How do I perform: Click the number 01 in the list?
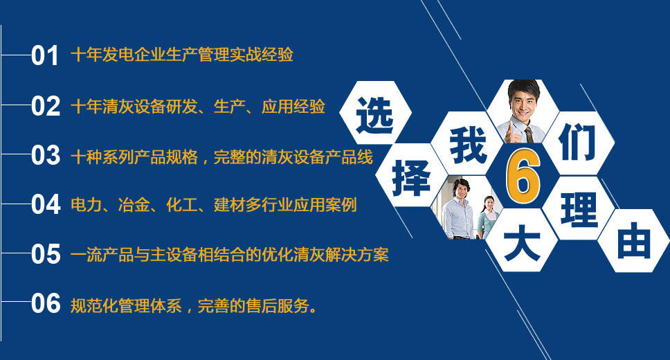45,55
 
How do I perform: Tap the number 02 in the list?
45,106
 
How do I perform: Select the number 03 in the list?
45,155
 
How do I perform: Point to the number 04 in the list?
45,204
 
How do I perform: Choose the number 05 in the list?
45,254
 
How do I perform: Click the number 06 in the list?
45,303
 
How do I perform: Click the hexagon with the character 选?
375,113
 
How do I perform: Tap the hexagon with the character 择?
411,175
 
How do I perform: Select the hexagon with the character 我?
467,144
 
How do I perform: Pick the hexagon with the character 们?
578,143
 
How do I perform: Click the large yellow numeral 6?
523,177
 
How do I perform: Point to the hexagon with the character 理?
578,208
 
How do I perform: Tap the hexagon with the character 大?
522,240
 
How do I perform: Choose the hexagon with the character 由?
633,241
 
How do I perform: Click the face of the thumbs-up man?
524,102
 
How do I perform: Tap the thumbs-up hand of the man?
512,132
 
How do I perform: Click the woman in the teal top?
487,217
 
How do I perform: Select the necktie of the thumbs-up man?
529,134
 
